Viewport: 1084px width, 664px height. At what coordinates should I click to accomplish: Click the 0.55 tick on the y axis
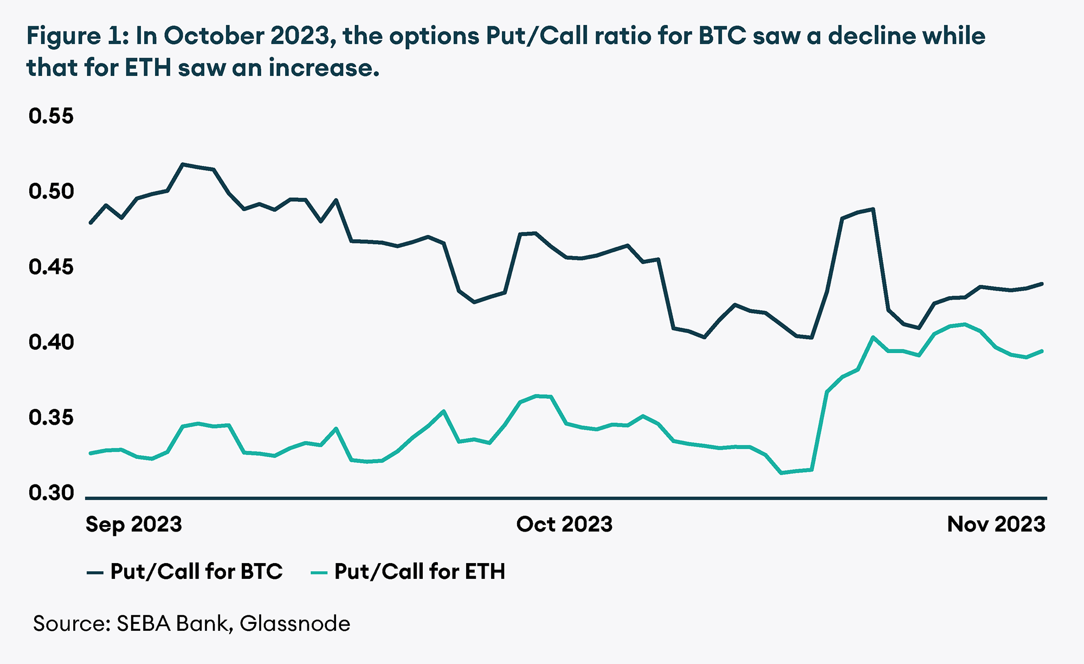pos(51,116)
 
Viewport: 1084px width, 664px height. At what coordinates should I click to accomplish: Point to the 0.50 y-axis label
pos(51,191)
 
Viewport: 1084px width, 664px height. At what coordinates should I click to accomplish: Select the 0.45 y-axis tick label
pos(51,267)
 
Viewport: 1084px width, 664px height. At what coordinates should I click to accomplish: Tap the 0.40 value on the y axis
pos(51,342)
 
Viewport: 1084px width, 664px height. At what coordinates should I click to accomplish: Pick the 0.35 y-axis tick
pos(51,418)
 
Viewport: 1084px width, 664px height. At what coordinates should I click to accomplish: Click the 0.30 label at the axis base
pos(51,493)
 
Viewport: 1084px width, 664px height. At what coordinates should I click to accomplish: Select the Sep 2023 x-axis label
pos(134,525)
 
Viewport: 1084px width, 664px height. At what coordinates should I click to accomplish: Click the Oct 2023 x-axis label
pos(564,525)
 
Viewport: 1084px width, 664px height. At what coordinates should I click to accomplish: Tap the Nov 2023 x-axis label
pos(996,525)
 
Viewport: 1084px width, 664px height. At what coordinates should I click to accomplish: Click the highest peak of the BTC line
pos(183,164)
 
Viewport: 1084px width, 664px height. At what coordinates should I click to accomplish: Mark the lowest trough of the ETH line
pos(781,473)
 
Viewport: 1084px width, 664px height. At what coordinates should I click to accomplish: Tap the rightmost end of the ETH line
pos(1042,351)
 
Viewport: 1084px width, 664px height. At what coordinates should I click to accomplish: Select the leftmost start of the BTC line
pos(91,222)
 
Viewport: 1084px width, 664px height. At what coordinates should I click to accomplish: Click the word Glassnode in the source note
pos(295,624)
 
